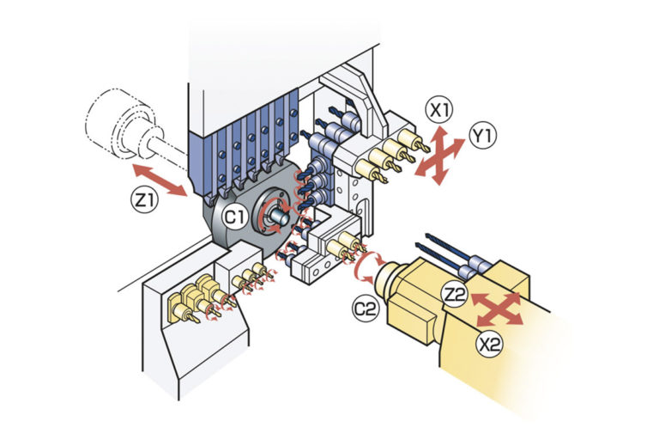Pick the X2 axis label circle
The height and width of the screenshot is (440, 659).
[490, 345]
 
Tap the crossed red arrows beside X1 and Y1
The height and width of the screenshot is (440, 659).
[439, 155]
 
